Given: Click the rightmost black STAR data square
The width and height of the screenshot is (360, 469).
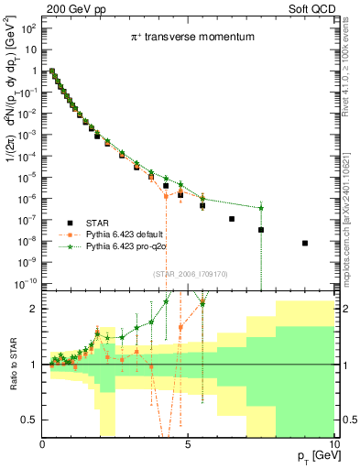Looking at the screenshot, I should click(305, 243).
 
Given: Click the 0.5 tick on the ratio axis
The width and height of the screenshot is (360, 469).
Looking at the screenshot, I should click(30, 420).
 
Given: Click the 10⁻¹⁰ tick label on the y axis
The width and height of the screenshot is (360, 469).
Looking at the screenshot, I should click(25, 282).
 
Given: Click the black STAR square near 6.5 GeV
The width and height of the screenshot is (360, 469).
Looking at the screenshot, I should click(232, 219).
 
